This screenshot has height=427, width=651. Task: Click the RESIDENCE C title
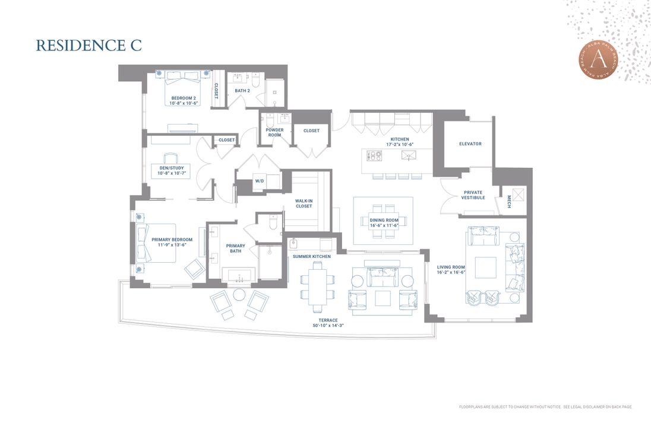point(89,46)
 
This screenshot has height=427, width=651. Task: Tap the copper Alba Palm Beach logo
point(598,59)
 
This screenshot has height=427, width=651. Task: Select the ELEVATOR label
point(470,144)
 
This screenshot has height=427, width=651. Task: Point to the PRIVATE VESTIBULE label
point(472,195)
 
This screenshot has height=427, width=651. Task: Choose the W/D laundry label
point(259,181)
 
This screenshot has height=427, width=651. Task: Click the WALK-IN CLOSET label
point(304,203)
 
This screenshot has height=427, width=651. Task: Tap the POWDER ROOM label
point(274,132)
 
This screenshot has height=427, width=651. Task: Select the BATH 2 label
point(242,91)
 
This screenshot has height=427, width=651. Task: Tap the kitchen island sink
point(408,155)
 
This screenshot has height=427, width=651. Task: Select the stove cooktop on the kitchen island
point(375,155)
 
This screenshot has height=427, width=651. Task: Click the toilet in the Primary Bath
point(273,223)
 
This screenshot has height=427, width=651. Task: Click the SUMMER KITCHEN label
point(311,256)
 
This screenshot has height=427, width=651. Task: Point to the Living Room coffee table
point(485,267)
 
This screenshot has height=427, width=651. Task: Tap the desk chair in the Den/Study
point(170,158)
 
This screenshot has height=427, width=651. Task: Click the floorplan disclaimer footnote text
point(545,407)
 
